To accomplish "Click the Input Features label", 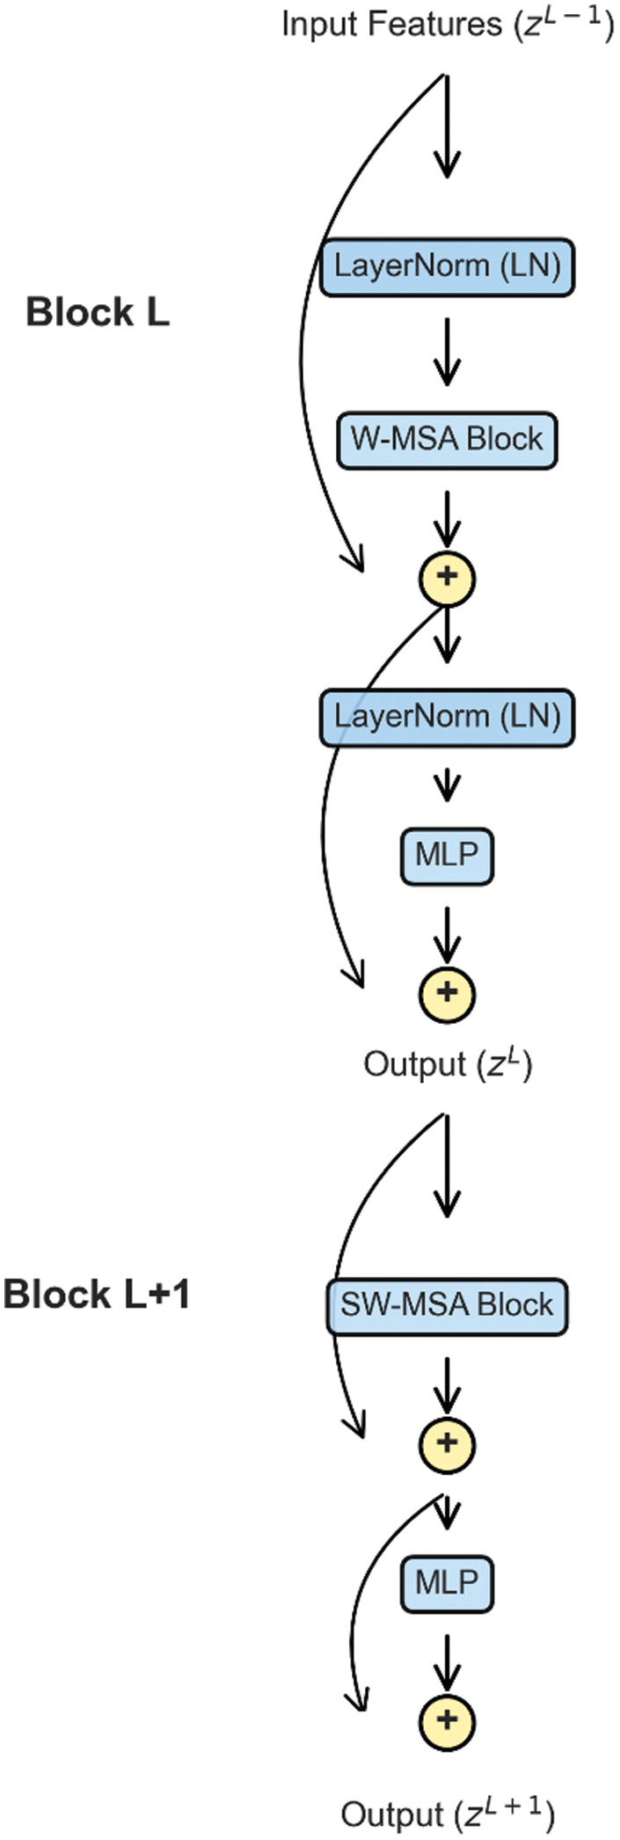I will coord(447,24).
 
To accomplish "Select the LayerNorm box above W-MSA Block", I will coord(447,266).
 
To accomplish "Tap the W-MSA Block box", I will coord(447,439).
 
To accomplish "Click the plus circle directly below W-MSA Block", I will coord(447,577).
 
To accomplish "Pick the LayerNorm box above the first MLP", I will coord(447,717).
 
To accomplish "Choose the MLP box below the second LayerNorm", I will coord(447,854).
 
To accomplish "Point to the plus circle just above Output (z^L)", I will coord(447,992).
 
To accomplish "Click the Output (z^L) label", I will coord(447,1064).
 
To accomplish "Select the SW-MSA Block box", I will coord(447,1304).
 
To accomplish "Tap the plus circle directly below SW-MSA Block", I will coord(447,1443).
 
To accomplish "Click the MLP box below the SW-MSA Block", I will coord(447,1583).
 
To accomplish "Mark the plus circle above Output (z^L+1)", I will coord(447,1720).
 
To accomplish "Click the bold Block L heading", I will coord(98,312).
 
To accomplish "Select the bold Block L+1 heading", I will coord(97,1295).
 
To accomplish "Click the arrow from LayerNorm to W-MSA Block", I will coord(447,352).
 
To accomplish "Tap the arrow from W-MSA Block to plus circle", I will coord(447,519).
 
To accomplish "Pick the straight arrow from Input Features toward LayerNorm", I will coord(447,128).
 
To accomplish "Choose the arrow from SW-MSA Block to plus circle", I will coord(447,1385).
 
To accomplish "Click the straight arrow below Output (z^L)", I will coord(447,1165).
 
